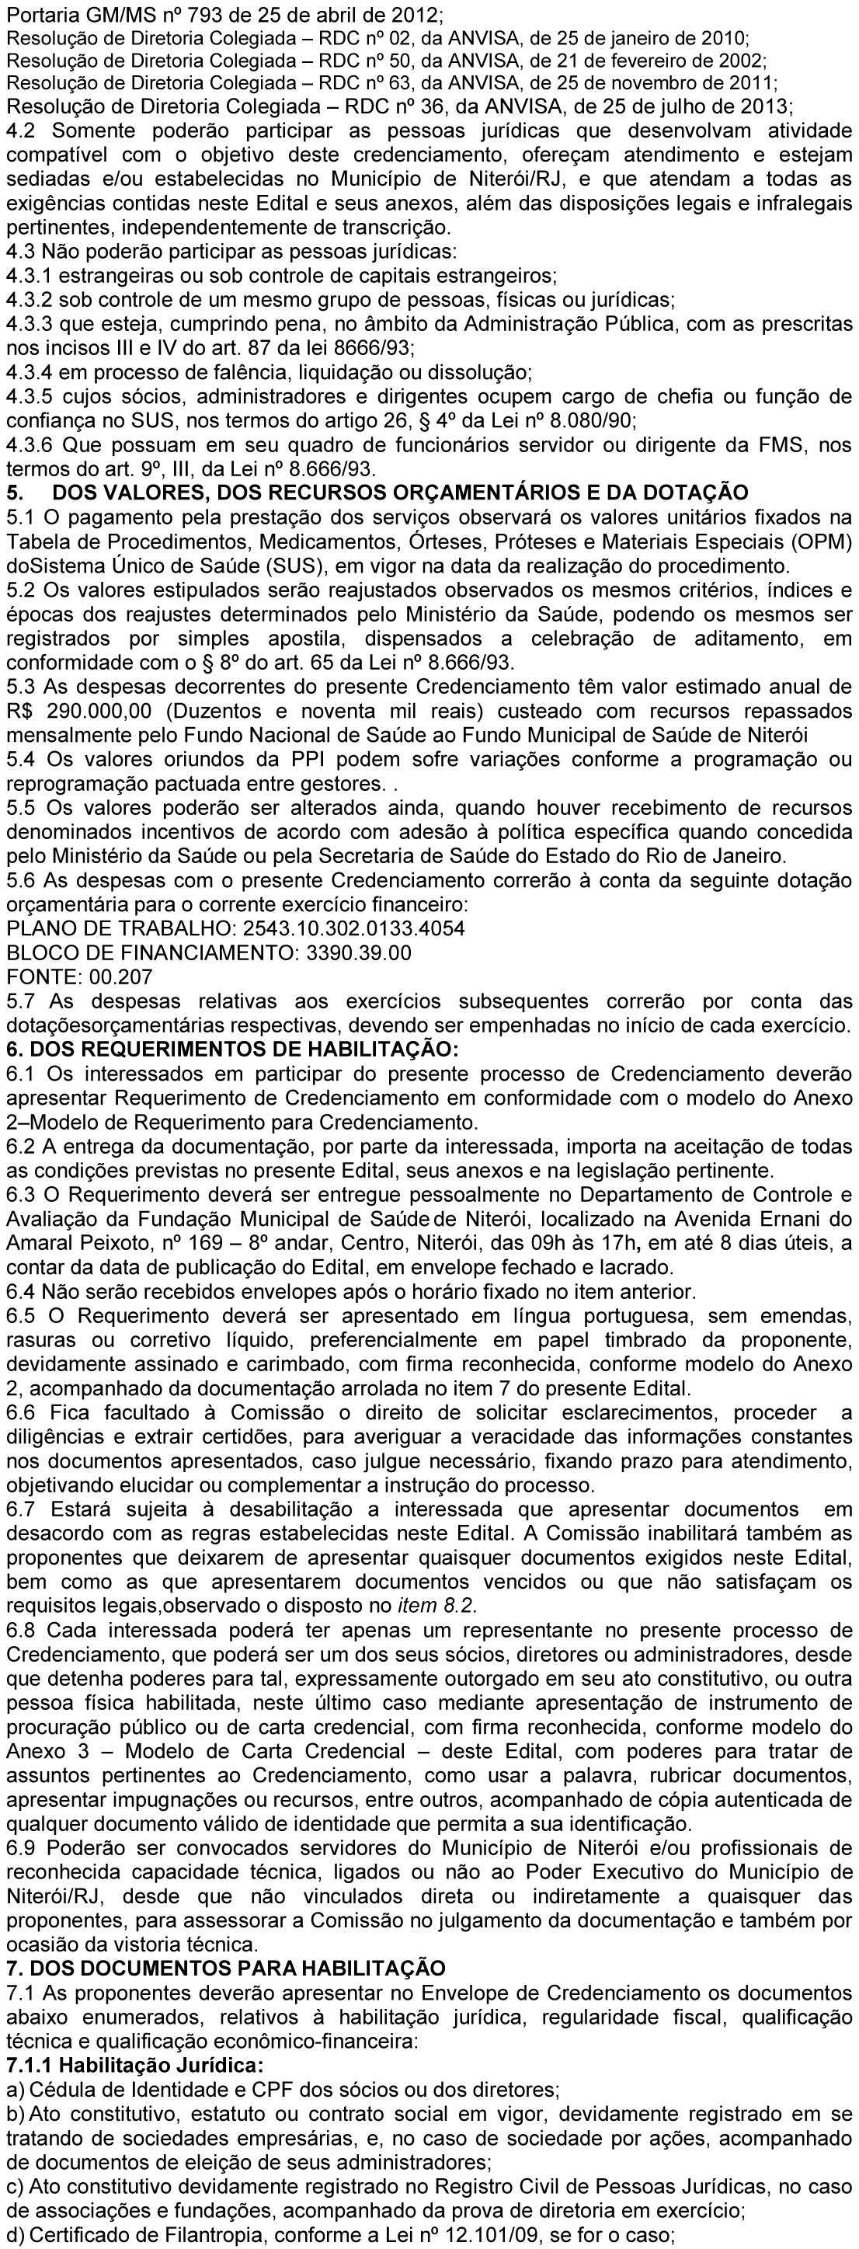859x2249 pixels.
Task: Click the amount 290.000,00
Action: (x=99, y=709)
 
